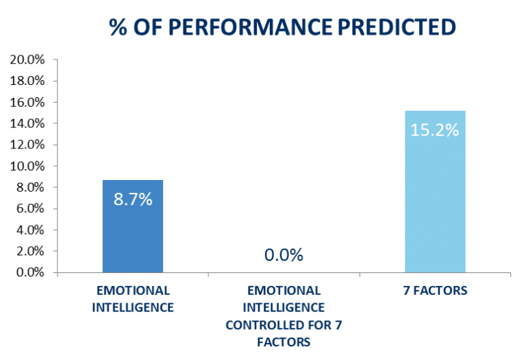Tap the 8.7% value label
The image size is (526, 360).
[x=133, y=200]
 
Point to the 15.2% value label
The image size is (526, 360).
[x=434, y=129]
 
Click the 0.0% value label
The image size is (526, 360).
[x=284, y=255]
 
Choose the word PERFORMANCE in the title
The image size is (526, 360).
[x=251, y=27]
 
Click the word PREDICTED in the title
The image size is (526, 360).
[x=397, y=27]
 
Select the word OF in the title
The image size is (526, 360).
[x=151, y=27]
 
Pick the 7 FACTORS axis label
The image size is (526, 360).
[x=435, y=290]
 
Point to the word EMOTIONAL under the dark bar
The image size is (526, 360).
[x=133, y=290]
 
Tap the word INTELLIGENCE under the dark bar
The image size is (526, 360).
[x=133, y=307]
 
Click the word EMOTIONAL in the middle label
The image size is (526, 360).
[x=284, y=290]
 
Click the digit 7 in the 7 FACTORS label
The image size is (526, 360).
[x=406, y=290]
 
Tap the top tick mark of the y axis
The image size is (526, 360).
[x=55, y=60]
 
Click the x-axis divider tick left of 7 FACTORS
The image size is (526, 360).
[x=359, y=275]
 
